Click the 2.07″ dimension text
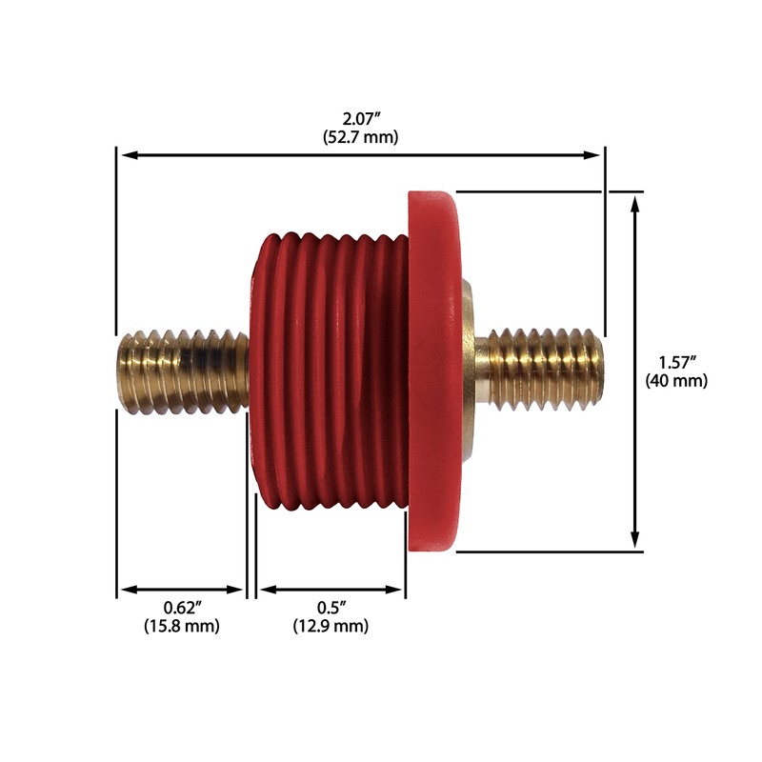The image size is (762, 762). coord(360,119)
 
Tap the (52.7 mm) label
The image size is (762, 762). coord(360,136)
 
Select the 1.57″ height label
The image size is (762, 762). coord(680,363)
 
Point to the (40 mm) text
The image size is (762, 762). coord(680,381)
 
